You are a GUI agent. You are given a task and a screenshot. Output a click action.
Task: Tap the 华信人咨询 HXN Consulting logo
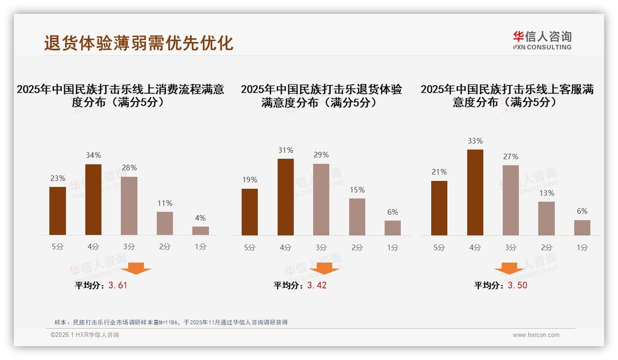pyautogui.click(x=542, y=40)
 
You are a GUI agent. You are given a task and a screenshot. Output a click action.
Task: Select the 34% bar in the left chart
pyautogui.click(x=93, y=199)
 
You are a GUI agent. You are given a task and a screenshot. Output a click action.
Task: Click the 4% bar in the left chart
pyautogui.click(x=200, y=230)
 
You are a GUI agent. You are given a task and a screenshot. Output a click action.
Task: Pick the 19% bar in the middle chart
pyautogui.click(x=250, y=212)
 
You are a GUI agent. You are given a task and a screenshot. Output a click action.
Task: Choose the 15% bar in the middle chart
pyautogui.click(x=357, y=216)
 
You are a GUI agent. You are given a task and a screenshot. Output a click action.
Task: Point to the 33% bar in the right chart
pyautogui.click(x=475, y=192)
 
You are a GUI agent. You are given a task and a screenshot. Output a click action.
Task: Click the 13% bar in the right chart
pyautogui.click(x=547, y=218)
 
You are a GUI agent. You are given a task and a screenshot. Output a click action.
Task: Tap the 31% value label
pyautogui.click(x=285, y=150)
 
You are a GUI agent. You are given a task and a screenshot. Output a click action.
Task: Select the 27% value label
pyautogui.click(x=511, y=156)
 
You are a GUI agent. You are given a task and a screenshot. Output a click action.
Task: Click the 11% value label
pyautogui.click(x=165, y=203)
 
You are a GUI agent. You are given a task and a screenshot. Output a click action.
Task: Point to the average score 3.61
pyautogui.click(x=118, y=285)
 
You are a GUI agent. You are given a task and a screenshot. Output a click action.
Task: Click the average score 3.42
pyautogui.click(x=317, y=285)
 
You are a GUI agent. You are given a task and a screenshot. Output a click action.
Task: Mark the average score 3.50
pyautogui.click(x=517, y=285)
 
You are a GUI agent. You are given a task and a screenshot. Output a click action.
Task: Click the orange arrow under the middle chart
pyautogui.click(x=324, y=269)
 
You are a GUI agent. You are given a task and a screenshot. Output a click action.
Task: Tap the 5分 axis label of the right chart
pyautogui.click(x=439, y=247)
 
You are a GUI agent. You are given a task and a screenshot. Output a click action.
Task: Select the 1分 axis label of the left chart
pyautogui.click(x=200, y=246)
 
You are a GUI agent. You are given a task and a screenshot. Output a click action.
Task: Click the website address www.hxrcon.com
pyautogui.click(x=536, y=335)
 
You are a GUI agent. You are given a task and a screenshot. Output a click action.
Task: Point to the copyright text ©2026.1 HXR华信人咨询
pyautogui.click(x=84, y=335)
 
